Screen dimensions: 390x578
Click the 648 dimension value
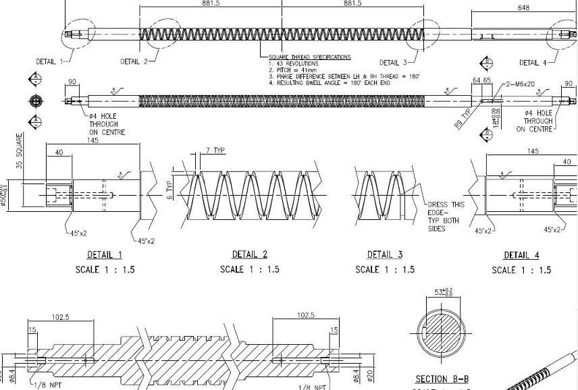523,8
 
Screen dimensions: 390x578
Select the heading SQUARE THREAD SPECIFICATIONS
310,57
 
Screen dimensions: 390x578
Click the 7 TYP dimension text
214,150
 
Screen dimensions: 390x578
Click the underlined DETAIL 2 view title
250,254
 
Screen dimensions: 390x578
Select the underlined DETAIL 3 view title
385,254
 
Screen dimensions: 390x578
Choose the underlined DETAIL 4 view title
521,255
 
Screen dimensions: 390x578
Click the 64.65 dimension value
481,81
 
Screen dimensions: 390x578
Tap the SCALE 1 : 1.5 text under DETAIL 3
385,270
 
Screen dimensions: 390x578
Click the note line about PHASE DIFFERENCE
344,76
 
